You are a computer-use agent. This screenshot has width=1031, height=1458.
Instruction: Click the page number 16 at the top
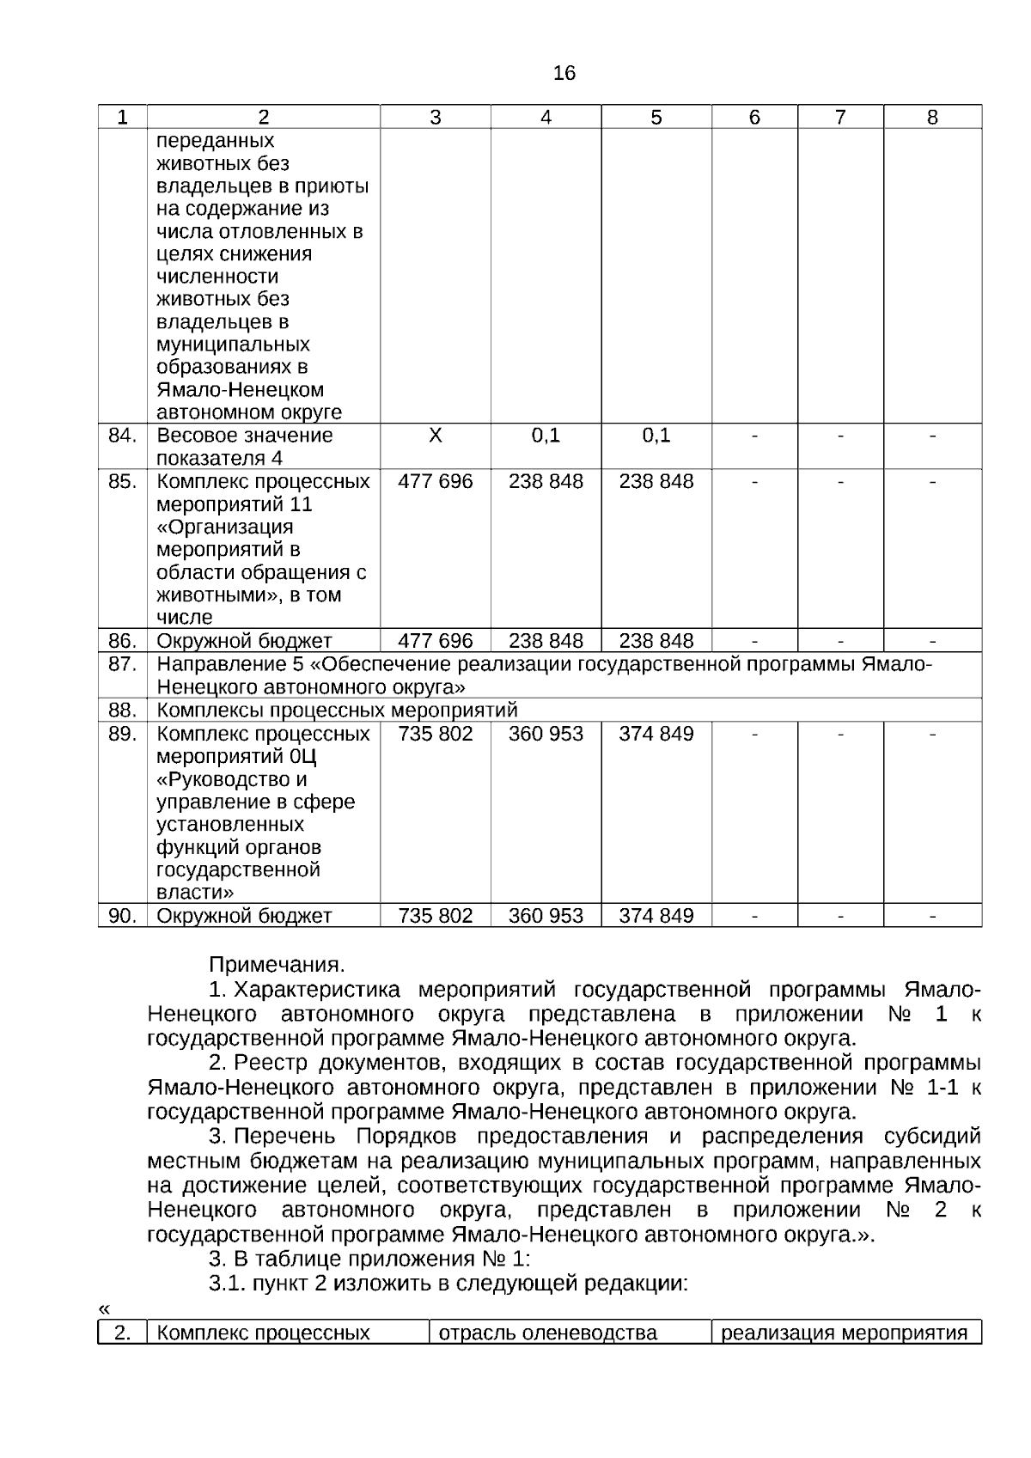click(564, 74)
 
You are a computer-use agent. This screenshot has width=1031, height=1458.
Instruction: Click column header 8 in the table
click(932, 118)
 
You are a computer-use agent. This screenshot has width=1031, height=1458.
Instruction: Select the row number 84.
click(122, 436)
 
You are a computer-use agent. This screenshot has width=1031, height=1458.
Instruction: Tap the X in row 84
click(435, 436)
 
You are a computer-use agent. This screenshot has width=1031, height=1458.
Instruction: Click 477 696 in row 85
click(435, 481)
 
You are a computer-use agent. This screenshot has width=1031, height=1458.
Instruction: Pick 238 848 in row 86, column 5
click(656, 641)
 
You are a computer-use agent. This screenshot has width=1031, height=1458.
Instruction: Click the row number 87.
click(122, 665)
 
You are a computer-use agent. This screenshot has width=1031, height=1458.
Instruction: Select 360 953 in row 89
click(546, 734)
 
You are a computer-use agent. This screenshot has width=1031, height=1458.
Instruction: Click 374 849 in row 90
click(656, 916)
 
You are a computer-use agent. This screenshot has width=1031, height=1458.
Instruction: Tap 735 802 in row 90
click(435, 916)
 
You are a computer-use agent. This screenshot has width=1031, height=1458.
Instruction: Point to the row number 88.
click(122, 711)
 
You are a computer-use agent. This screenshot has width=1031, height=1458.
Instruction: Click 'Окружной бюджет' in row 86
click(244, 641)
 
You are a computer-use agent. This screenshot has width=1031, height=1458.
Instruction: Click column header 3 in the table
click(435, 118)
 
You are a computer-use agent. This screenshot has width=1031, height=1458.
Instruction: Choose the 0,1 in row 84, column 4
click(546, 436)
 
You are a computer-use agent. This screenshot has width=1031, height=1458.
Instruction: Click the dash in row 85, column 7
click(840, 481)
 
